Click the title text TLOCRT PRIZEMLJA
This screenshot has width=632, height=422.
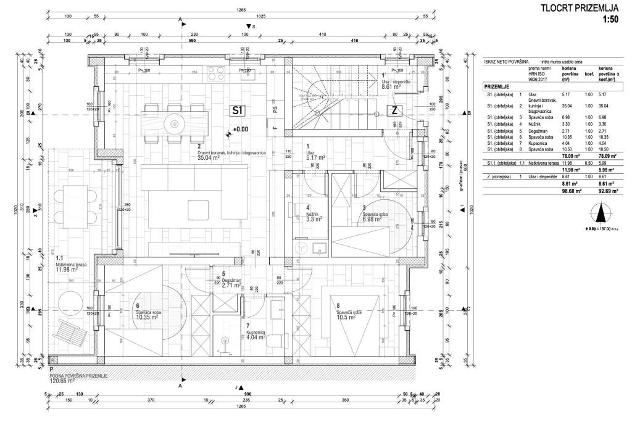[x=579, y=8]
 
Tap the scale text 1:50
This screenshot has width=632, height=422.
[x=610, y=20]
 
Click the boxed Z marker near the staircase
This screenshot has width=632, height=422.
[x=394, y=111]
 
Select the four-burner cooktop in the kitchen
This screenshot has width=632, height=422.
[x=216, y=74]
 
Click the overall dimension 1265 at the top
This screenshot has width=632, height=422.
[x=241, y=10]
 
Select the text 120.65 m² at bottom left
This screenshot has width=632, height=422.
[x=62, y=381]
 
